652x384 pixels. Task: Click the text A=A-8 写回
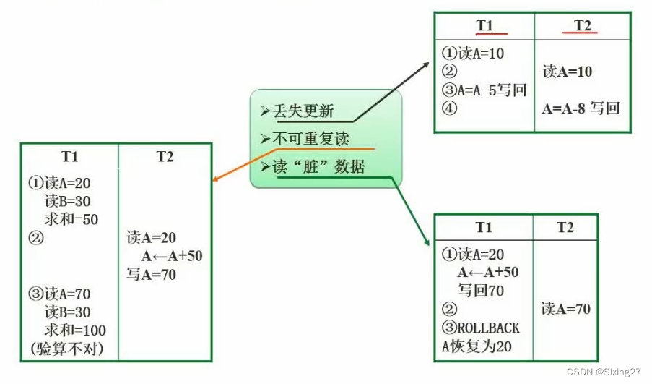581,108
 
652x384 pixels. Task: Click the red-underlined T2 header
582,25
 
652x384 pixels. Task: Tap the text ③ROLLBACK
480,328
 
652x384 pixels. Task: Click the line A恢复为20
477,346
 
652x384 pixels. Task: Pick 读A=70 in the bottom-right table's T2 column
565,309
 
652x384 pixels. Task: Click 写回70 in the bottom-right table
481,291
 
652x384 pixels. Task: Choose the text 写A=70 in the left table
151,274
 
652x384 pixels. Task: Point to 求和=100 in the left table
75,330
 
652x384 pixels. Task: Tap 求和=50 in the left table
71,219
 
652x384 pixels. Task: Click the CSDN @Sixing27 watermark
605,371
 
